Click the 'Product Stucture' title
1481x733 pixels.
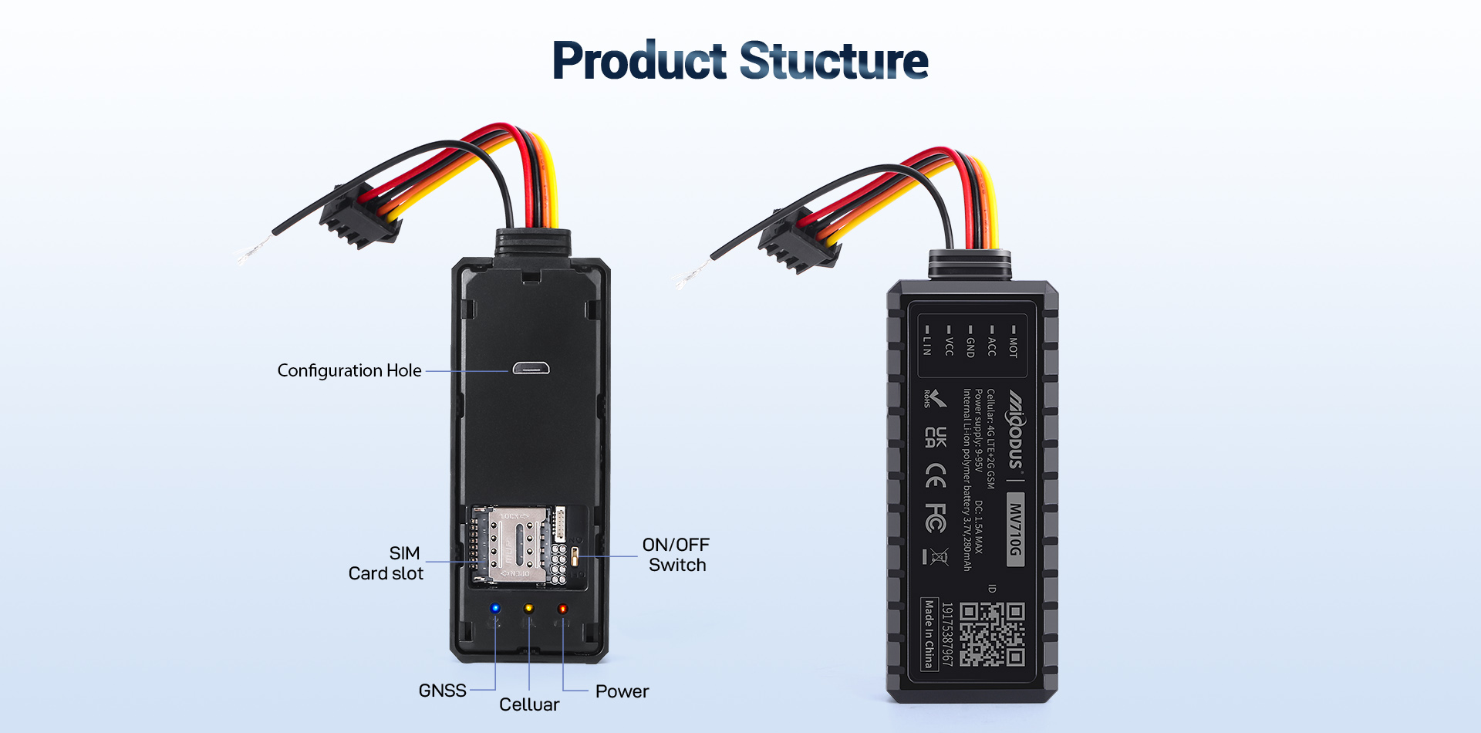[740, 61]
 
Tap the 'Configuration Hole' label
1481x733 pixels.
[349, 370]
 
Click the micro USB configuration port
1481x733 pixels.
[531, 368]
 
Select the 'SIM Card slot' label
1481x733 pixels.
[386, 563]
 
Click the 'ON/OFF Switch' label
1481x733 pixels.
[676, 555]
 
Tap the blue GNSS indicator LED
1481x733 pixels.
[495, 608]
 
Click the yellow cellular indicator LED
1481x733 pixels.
[529, 608]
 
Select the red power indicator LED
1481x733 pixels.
[562, 608]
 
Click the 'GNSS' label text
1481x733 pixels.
[442, 691]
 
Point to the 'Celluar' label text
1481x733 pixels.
[529, 704]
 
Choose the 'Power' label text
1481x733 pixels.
[622, 691]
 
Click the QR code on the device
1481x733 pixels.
[992, 634]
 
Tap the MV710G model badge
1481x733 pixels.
[1015, 529]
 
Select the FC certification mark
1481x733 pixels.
[935, 518]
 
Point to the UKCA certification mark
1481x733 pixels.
[935, 437]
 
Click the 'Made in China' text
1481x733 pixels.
[929, 633]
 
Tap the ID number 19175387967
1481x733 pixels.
[947, 634]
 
